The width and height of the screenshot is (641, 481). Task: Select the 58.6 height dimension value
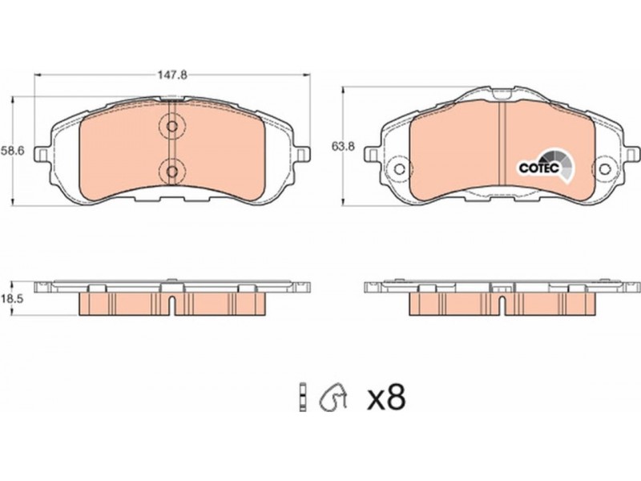click(x=13, y=151)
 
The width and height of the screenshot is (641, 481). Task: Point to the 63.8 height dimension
click(x=343, y=146)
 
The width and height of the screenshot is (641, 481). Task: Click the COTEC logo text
click(x=538, y=168)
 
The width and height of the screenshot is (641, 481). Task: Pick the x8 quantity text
click(x=386, y=398)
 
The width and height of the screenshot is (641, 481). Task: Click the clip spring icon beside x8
click(x=333, y=397)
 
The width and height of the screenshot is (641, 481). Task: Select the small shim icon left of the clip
click(x=303, y=397)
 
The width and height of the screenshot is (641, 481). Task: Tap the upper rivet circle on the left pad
click(x=172, y=127)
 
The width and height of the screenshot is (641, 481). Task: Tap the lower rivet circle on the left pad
click(x=172, y=172)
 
